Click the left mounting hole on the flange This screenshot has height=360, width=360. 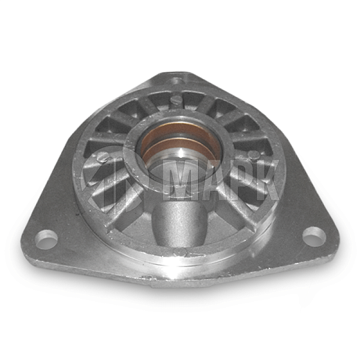click(46, 239)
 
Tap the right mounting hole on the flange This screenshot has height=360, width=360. click(314, 236)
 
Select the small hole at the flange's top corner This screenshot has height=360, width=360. click(177, 80)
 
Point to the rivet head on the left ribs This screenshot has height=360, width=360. click(102, 157)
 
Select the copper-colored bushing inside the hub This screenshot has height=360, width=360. click(179, 140)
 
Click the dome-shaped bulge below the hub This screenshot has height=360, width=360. click(179, 223)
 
